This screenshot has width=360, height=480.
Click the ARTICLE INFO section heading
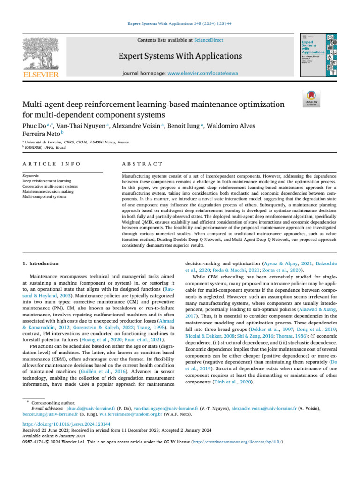(x=52, y=164)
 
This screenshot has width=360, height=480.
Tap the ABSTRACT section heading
(x=142, y=164)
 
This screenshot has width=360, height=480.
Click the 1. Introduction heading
(x=41, y=263)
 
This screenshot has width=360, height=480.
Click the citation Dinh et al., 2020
(x=228, y=382)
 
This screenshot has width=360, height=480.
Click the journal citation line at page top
(x=180, y=22)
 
